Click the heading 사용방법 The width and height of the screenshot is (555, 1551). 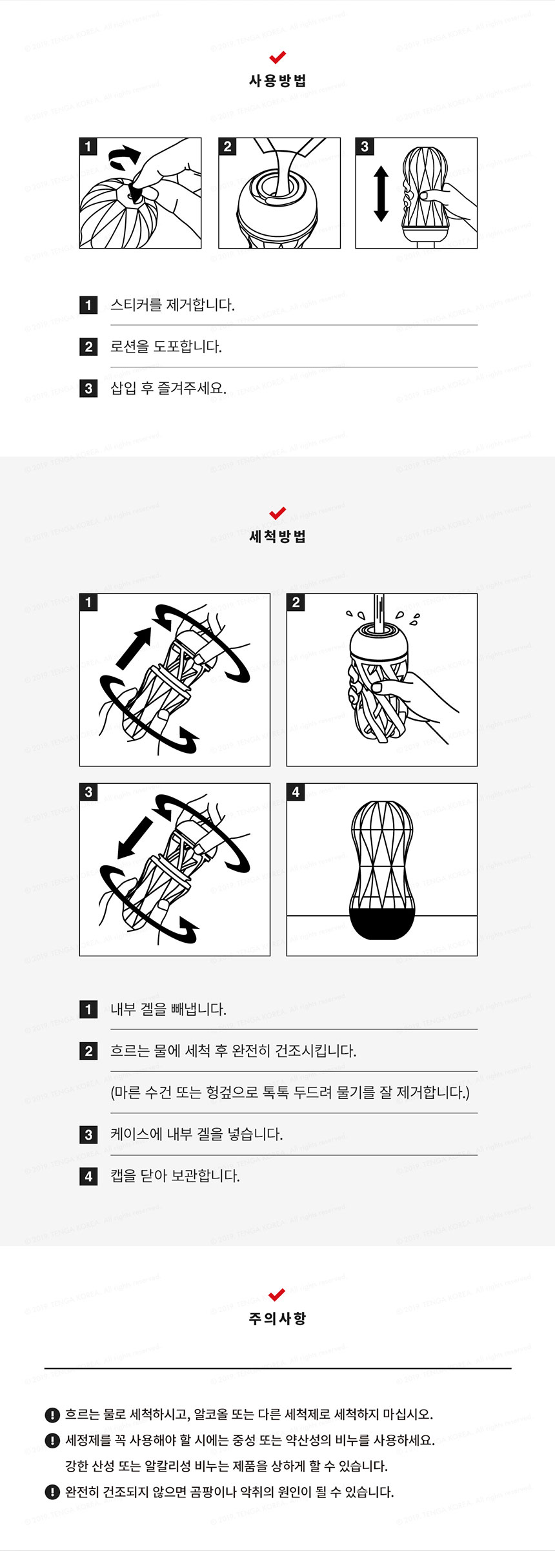pos(277,81)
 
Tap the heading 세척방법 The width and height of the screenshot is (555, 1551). pos(277,537)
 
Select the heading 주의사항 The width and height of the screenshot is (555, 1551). pos(277,1318)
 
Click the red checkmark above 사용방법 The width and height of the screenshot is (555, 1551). pos(277,57)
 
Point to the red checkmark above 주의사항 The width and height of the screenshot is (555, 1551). pos(277,1295)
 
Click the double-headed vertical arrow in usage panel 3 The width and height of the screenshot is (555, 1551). pos(381,194)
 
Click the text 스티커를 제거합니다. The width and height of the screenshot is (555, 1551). pos(172,305)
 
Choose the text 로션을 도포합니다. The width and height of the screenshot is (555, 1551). pos(166,347)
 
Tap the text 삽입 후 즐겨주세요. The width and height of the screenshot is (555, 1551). pos(168,388)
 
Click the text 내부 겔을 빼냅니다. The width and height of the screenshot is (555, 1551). pos(168,1009)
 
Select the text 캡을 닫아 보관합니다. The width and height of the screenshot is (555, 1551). pos(175,1175)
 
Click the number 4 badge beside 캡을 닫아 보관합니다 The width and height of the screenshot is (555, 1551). pos(88,1176)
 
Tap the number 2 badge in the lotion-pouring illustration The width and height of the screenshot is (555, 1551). pos(227,147)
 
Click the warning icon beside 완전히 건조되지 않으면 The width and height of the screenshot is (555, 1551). pos(52,1492)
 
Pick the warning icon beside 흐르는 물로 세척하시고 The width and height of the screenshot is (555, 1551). pos(52,1415)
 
